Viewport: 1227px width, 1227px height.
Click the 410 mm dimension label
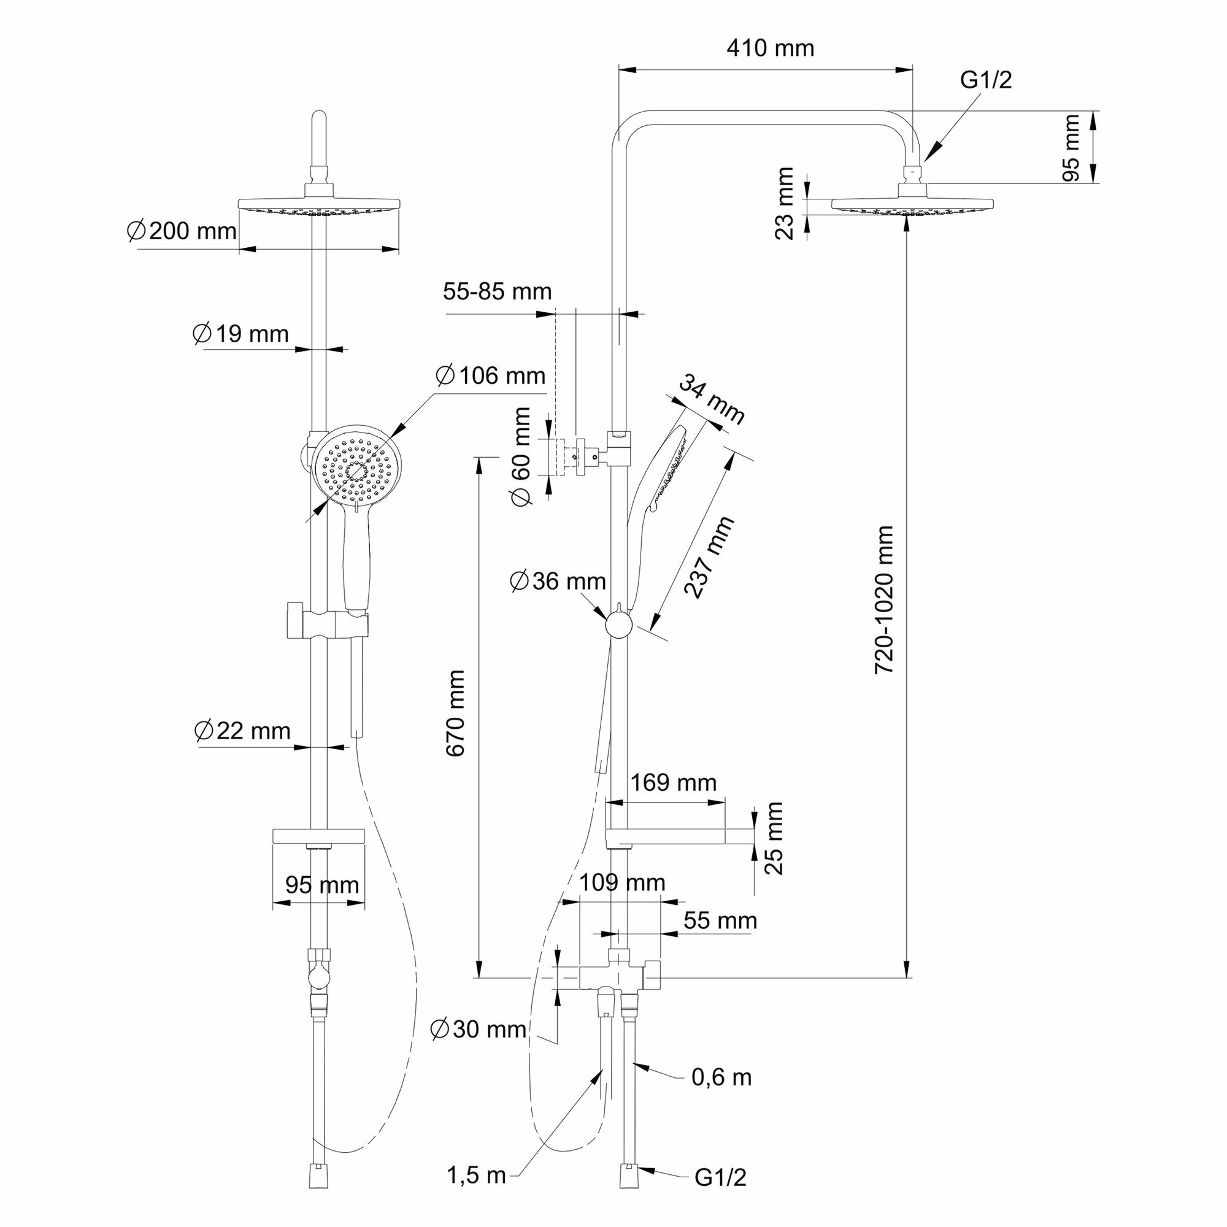click(x=770, y=48)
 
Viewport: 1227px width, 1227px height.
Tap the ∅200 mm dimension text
click(x=182, y=231)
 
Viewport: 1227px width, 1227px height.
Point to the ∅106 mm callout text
click(x=490, y=375)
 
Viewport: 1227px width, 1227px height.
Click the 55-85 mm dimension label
click(x=498, y=291)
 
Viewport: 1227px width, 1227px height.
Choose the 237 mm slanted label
click(x=709, y=557)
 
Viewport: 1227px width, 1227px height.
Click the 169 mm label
click(x=673, y=782)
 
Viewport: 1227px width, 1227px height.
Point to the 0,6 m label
click(x=721, y=1077)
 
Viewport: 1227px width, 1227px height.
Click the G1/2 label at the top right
click(x=986, y=80)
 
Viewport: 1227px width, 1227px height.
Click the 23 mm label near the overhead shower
click(x=785, y=203)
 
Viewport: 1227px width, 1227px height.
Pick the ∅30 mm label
click(x=479, y=1029)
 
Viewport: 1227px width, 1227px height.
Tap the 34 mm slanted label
click(x=711, y=399)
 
